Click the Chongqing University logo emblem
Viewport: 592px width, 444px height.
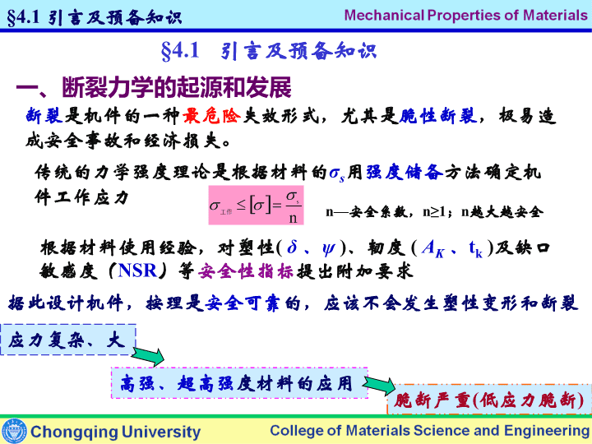pyautogui.click(x=14, y=431)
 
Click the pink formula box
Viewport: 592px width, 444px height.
pyautogui.click(x=256, y=205)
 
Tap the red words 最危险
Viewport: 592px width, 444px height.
pyautogui.click(x=211, y=116)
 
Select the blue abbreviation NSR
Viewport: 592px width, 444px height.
pyautogui.click(x=137, y=271)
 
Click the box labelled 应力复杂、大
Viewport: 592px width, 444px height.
pyautogui.click(x=68, y=340)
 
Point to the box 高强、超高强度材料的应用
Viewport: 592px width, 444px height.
pyautogui.click(x=239, y=383)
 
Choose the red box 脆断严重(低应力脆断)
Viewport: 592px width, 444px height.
pyautogui.click(x=489, y=400)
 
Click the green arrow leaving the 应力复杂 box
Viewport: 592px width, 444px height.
pyautogui.click(x=148, y=356)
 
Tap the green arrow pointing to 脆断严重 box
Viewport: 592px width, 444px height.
pyautogui.click(x=379, y=385)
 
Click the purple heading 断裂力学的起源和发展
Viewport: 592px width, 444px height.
pyautogui.click(x=154, y=88)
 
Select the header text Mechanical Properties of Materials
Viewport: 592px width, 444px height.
pyautogui.click(x=466, y=15)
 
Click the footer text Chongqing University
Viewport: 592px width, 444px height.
pyautogui.click(x=116, y=432)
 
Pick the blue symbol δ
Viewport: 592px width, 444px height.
pyautogui.click(x=292, y=247)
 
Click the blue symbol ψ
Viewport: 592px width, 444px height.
pyautogui.click(x=328, y=248)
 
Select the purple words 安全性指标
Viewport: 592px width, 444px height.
pyautogui.click(x=245, y=271)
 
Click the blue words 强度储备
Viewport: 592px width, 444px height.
pyautogui.click(x=405, y=173)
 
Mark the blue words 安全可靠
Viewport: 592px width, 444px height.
pyautogui.click(x=243, y=303)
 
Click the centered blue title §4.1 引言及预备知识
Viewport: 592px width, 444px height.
pyautogui.click(x=269, y=51)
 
